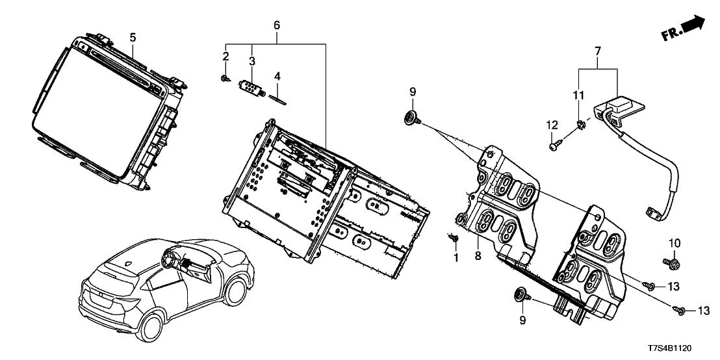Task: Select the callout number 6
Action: point(276,25)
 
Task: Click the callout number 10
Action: point(673,243)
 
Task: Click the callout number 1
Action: point(456,258)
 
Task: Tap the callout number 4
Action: point(277,76)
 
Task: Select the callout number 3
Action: point(252,60)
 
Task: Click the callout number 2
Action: point(225,57)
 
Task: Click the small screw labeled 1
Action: point(455,239)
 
